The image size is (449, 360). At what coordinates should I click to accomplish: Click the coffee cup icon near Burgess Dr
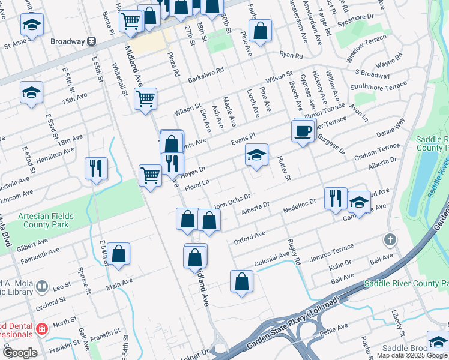click(x=304, y=131)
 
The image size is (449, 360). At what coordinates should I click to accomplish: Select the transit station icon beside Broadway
click(x=92, y=41)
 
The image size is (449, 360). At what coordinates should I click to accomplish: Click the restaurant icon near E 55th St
click(x=96, y=169)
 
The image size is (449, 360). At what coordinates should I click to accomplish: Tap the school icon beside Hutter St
click(x=256, y=155)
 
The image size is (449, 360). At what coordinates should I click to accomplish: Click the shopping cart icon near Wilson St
click(x=145, y=98)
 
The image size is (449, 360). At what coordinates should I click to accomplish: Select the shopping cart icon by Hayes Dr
click(x=150, y=176)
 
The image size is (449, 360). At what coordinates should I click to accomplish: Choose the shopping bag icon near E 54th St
click(x=119, y=254)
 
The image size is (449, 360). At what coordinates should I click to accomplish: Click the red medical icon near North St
click(x=41, y=329)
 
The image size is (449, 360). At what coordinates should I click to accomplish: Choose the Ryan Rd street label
click(x=291, y=55)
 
